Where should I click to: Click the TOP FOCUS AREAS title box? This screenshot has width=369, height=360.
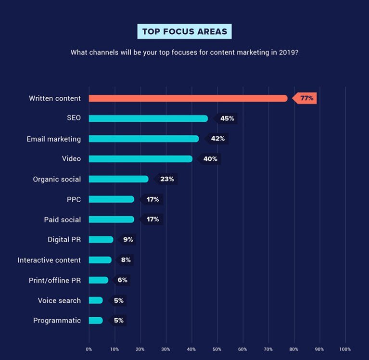pyautogui.click(x=185, y=32)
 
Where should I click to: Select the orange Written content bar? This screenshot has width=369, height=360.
pyautogui.click(x=188, y=98)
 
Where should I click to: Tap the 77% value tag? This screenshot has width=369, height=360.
pyautogui.click(x=304, y=98)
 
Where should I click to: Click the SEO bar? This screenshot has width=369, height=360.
pyautogui.click(x=148, y=119)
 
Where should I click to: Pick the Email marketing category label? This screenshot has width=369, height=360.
pyautogui.click(x=54, y=139)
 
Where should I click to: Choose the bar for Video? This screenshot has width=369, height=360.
pyautogui.click(x=140, y=159)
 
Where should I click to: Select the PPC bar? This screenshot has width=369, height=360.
pyautogui.click(x=112, y=199)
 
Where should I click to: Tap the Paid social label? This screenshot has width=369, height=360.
pyautogui.click(x=63, y=219)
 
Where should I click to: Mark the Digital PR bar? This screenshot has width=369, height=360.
pyautogui.click(x=101, y=240)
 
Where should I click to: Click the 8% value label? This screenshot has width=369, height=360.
pyautogui.click(x=125, y=260)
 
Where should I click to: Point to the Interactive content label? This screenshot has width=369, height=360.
pyautogui.click(x=49, y=260)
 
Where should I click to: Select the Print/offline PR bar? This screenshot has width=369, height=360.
pyautogui.click(x=99, y=280)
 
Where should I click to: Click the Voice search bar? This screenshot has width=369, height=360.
pyautogui.click(x=96, y=300)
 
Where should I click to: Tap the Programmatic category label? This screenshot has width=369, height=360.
pyautogui.click(x=57, y=321)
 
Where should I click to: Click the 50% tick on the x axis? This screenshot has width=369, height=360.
pyautogui.click(x=217, y=349)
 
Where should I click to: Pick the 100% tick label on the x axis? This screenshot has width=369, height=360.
pyautogui.click(x=345, y=349)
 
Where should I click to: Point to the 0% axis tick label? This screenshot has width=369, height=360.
pyautogui.click(x=89, y=349)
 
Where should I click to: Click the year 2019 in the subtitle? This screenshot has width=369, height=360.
pyautogui.click(x=289, y=52)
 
